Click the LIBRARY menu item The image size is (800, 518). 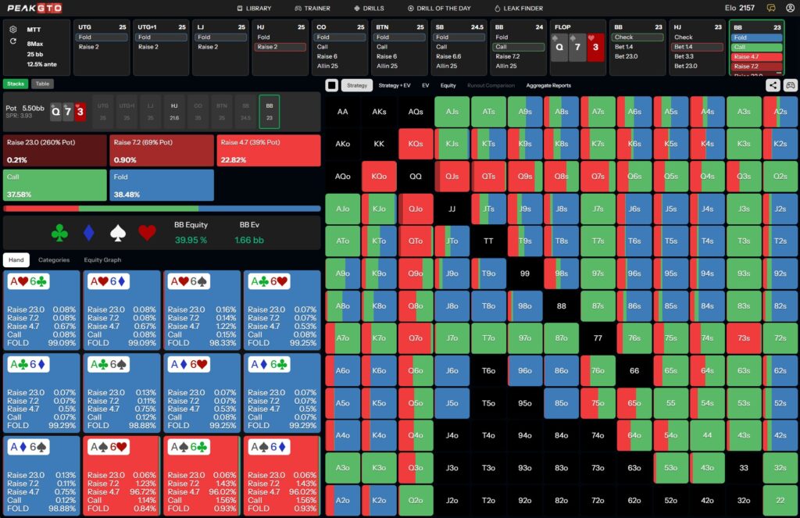click(x=254, y=8)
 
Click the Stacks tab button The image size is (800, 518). click(x=16, y=84)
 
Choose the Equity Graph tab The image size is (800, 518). click(x=102, y=259)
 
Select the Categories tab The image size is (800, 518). click(x=54, y=259)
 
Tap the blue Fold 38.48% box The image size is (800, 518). click(x=162, y=186)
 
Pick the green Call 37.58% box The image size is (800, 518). click(x=55, y=186)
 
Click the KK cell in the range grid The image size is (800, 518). click(x=380, y=144)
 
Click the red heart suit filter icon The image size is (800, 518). click(x=147, y=232)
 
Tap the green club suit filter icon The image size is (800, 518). click(x=59, y=232)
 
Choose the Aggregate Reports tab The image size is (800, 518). click(x=548, y=85)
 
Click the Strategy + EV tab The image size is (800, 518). click(x=395, y=85)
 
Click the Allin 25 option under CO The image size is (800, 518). click(x=327, y=66)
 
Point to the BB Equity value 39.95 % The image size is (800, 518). click(x=191, y=239)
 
